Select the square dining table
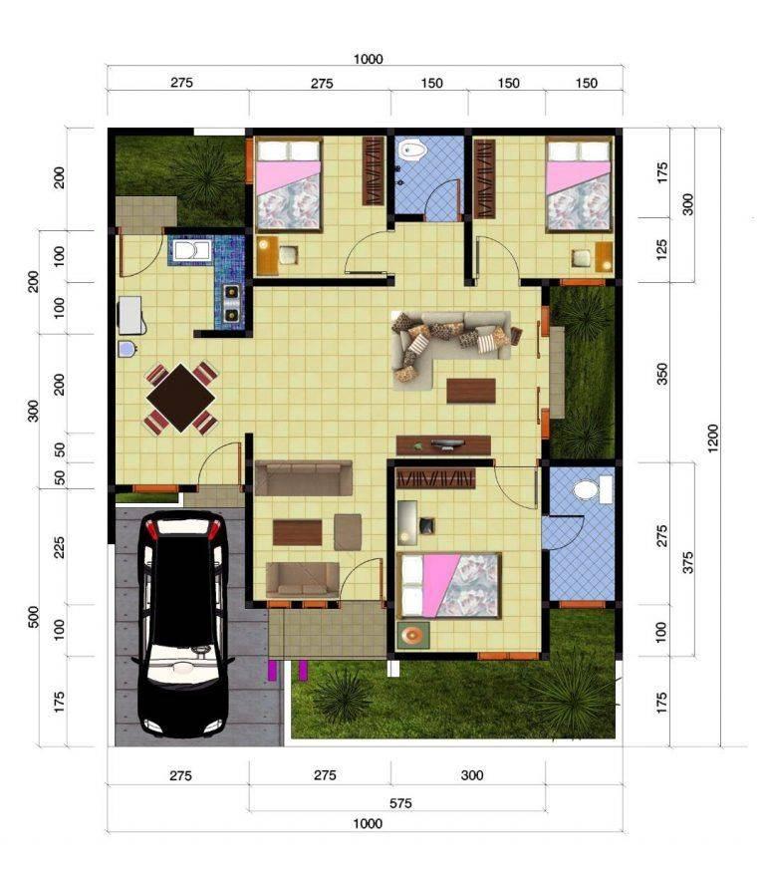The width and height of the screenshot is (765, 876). [x=180, y=398]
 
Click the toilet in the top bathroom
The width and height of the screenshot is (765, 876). [x=412, y=149]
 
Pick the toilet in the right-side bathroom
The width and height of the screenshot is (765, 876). [x=592, y=490]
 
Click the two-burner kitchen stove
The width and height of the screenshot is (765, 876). [x=232, y=303]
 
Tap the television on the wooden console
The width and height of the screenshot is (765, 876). [x=446, y=444]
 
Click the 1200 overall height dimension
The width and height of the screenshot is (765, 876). [x=712, y=438]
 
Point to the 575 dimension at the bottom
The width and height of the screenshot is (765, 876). [x=400, y=803]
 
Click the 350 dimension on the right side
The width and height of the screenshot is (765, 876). [x=661, y=373]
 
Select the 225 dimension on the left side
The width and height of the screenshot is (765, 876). [x=59, y=547]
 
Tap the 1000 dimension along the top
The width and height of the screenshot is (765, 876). [x=368, y=59]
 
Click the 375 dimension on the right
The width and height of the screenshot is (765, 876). [x=687, y=562]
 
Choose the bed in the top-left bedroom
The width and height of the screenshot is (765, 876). [x=289, y=184]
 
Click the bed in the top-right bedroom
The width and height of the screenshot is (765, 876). [x=579, y=184]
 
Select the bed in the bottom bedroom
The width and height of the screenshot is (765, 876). [x=449, y=585]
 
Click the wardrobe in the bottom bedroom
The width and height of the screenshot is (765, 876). [x=435, y=478]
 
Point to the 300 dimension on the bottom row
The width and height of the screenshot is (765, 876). [x=472, y=775]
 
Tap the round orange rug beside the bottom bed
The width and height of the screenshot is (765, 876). [x=413, y=635]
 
